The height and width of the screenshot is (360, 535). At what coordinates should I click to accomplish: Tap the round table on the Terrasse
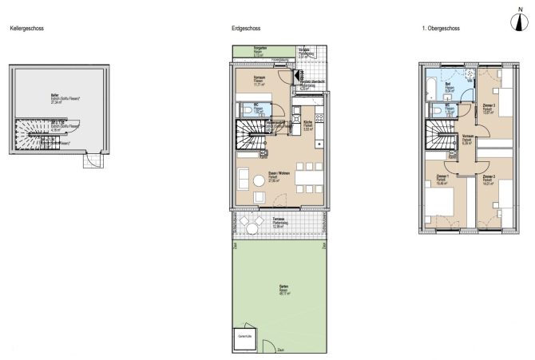pos(252,229)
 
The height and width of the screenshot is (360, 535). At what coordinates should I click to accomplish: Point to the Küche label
pos(308,124)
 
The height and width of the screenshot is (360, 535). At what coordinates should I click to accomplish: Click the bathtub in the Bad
pos(432,82)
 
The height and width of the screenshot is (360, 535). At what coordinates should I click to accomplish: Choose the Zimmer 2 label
pos(489,178)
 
